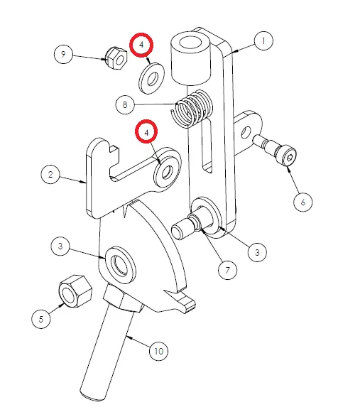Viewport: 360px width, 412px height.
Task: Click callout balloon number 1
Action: pyautogui.click(x=263, y=40)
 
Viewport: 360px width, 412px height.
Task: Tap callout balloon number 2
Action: pyautogui.click(x=50, y=175)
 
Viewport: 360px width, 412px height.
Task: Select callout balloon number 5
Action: pyautogui.click(x=41, y=319)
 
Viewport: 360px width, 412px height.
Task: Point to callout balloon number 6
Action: pyautogui.click(x=303, y=202)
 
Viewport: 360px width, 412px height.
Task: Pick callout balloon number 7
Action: pyautogui.click(x=227, y=270)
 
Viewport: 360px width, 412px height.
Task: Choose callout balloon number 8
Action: pyautogui.click(x=125, y=104)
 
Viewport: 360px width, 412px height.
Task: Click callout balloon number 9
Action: pyautogui.click(x=63, y=54)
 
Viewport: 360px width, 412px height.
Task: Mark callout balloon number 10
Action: pyautogui.click(x=158, y=351)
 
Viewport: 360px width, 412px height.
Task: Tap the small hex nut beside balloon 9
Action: pyautogui.click(x=116, y=58)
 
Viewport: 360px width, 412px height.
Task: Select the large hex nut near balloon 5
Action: pyautogui.click(x=76, y=291)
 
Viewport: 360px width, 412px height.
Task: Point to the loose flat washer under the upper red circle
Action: pyautogui.click(x=151, y=78)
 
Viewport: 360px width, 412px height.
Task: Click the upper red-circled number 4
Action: pyautogui.click(x=141, y=45)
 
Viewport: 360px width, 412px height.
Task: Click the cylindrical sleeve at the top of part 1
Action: pyautogui.click(x=191, y=58)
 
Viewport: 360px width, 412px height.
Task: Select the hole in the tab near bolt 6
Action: pyautogui.click(x=246, y=133)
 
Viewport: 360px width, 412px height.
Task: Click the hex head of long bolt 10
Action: pyautogui.click(x=123, y=300)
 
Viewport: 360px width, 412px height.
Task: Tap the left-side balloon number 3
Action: pyautogui.click(x=60, y=246)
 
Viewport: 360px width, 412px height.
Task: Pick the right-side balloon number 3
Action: pyautogui.click(x=257, y=252)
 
